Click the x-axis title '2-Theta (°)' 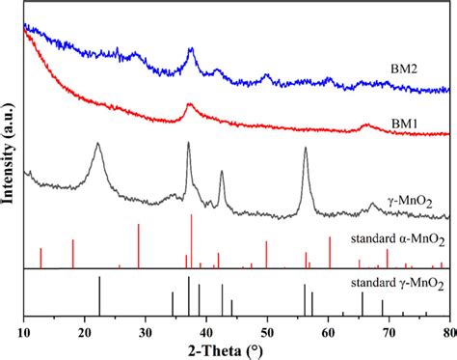click(235, 349)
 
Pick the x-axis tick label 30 click(145, 330)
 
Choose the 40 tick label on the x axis click(205, 330)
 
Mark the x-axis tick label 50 click(266, 330)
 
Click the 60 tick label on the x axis click(328, 330)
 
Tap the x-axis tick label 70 click(389, 330)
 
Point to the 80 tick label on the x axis click(448, 330)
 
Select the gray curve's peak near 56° click(306, 149)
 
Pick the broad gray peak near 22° click(98, 144)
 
